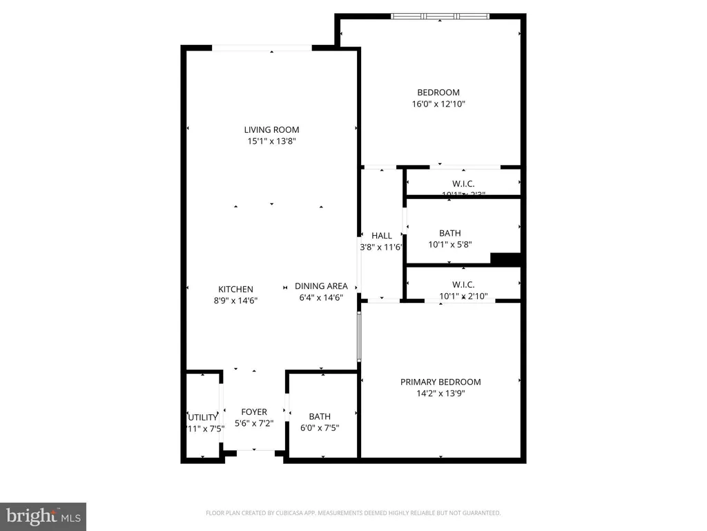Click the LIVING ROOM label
click(271, 129)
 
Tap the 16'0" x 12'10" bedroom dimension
click(438, 104)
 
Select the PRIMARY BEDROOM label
click(440, 382)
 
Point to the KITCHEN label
click(235, 289)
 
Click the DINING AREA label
click(321, 286)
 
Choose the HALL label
click(382, 236)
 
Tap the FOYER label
click(253, 412)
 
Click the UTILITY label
click(203, 418)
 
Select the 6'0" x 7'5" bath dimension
click(320, 428)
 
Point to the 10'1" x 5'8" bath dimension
click(449, 244)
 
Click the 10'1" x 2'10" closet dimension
click(463, 297)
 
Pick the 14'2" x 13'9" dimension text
click(440, 393)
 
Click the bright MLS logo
click(43, 516)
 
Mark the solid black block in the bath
click(505, 259)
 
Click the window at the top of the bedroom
click(440, 16)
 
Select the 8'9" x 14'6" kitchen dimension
click(235, 301)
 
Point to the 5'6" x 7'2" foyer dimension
click(253, 424)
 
